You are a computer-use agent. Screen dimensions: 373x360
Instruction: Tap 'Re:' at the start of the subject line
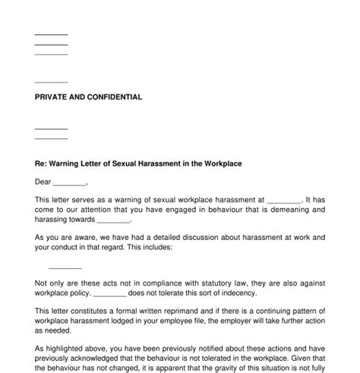pyautogui.click(x=41, y=164)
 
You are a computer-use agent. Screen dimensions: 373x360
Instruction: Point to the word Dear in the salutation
pyautogui.click(x=43, y=182)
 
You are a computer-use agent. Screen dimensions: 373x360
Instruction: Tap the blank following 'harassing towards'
pyautogui.click(x=113, y=221)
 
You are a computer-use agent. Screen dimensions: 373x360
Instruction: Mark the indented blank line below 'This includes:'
pyautogui.click(x=65, y=267)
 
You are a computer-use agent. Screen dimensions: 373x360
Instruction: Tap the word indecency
pyautogui.click(x=236, y=292)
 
